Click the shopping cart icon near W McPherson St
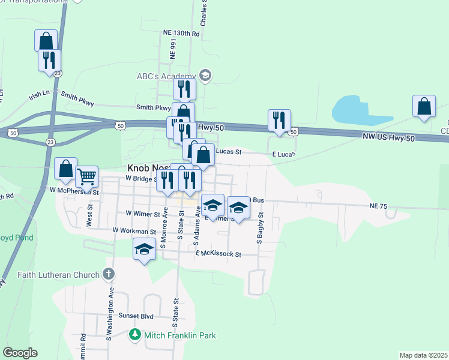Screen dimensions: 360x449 (x=87, y=177)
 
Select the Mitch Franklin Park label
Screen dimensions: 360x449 (x=179, y=335)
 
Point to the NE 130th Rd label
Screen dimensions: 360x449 (x=181, y=34)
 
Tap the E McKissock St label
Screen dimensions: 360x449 (x=218, y=254)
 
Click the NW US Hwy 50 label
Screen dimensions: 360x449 (x=389, y=138)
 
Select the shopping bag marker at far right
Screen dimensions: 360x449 (x=424, y=106)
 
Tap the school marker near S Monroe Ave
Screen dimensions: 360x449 (x=144, y=249)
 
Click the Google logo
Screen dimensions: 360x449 (x=20, y=353)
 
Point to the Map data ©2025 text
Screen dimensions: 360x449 (x=423, y=355)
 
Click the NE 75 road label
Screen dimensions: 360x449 (x=379, y=206)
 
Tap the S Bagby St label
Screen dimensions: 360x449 (x=260, y=227)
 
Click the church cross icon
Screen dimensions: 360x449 (x=108, y=275)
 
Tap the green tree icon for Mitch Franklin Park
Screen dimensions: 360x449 (x=136, y=335)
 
